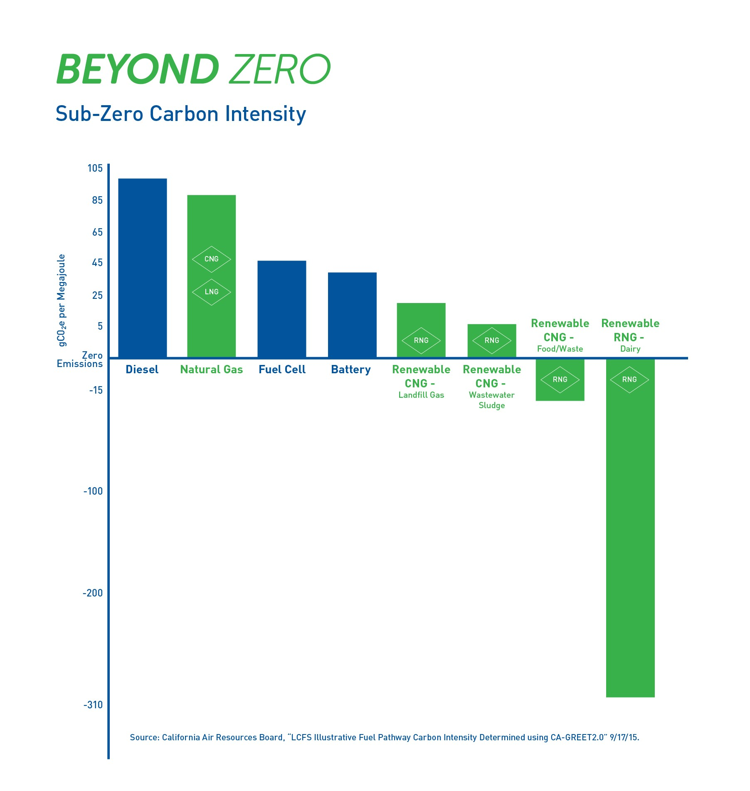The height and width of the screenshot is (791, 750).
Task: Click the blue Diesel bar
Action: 143,268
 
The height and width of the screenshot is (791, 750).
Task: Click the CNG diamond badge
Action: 211,259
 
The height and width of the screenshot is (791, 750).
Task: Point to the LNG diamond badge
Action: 211,292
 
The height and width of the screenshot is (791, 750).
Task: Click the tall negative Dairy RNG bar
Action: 630,540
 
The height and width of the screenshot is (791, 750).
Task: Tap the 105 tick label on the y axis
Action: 95,168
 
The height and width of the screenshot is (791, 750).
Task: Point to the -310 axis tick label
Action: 93,705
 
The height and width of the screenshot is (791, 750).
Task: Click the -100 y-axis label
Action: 93,491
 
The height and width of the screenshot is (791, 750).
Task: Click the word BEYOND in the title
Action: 138,69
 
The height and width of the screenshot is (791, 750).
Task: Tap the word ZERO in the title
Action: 280,69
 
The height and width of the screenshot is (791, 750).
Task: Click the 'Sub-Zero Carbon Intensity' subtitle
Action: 181,114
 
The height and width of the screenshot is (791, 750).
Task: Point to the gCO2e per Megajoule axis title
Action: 62,300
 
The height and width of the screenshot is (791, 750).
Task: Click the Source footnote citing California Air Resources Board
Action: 384,737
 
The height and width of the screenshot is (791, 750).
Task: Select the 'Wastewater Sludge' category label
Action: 492,400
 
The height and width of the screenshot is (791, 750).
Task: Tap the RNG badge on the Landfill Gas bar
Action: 421,340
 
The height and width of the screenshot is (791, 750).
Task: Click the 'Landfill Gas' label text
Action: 421,395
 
